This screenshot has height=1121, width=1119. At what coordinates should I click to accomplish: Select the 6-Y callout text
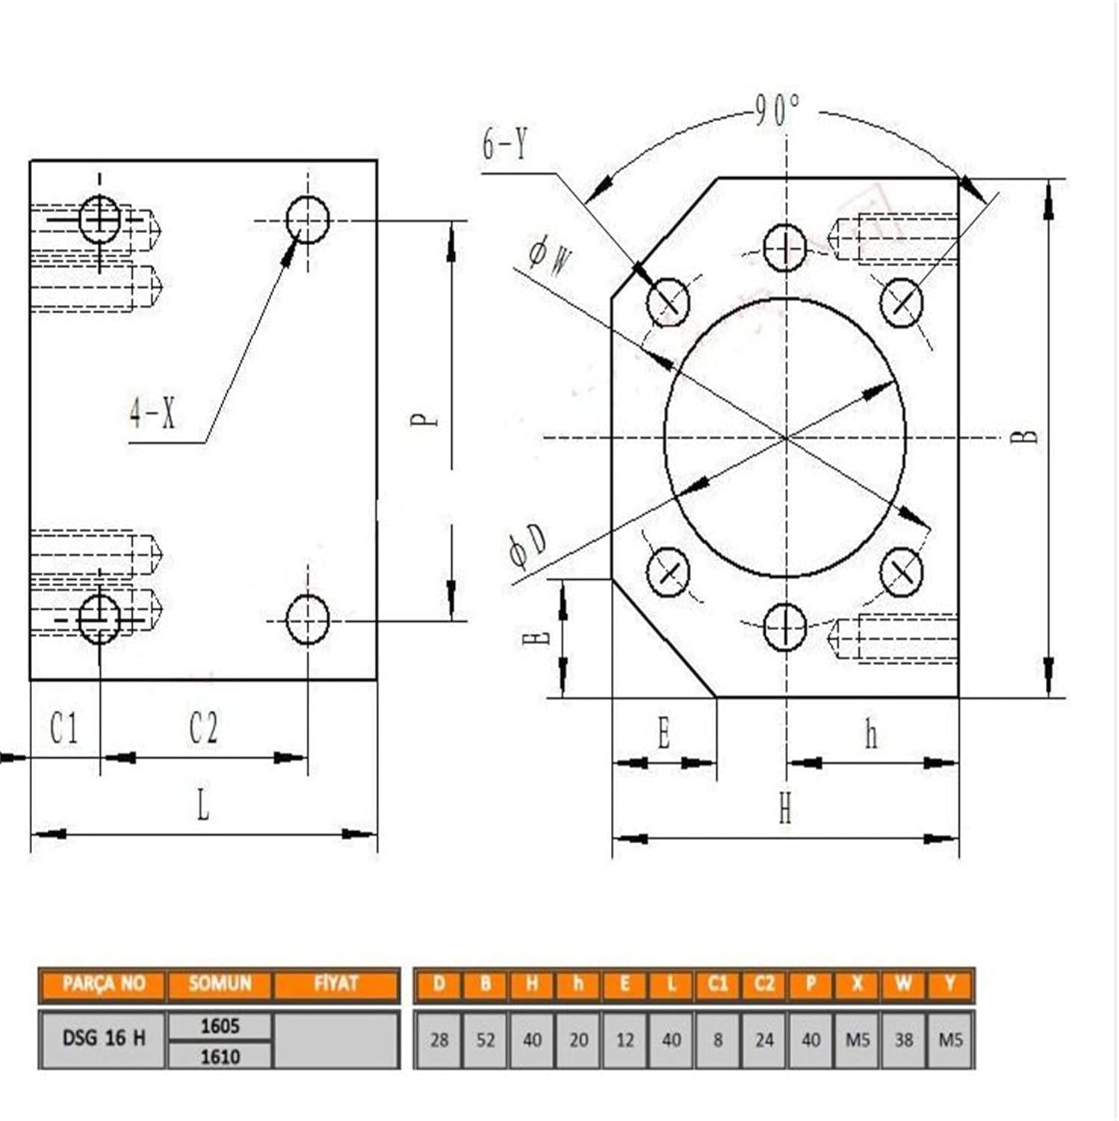click(505, 143)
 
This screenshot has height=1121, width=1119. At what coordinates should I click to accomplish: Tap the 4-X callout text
click(153, 413)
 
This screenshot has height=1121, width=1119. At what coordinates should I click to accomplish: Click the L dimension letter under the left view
click(202, 806)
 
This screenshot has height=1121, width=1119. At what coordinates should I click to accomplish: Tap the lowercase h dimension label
click(871, 735)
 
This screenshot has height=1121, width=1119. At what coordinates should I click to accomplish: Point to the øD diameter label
click(528, 546)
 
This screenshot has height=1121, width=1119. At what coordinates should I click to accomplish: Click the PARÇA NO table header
click(103, 983)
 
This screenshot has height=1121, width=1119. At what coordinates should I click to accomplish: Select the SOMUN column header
click(220, 983)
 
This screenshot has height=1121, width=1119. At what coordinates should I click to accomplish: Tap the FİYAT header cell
click(336, 983)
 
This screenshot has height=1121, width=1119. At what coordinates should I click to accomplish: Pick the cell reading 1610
click(220, 1056)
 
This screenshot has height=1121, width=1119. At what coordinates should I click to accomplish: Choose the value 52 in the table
click(486, 1040)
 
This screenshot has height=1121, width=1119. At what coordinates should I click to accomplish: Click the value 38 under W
click(904, 1040)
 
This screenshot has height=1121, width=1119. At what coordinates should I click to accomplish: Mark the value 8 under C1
click(718, 1040)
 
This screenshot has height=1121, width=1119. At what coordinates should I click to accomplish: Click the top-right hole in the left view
click(308, 220)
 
